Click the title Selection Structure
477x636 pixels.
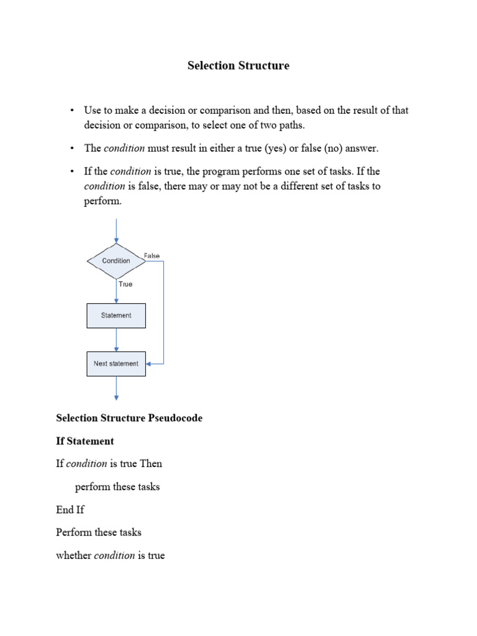[238, 66]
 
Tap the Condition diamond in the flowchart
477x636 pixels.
[116, 261]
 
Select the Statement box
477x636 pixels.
[116, 316]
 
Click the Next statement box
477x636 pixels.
[116, 363]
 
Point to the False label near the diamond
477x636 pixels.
[152, 255]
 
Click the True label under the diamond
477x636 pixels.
[125, 284]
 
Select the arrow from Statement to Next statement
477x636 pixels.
[116, 340]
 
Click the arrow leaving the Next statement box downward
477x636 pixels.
[116, 388]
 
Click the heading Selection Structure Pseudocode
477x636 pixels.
[129, 418]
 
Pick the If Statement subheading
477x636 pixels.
[85, 441]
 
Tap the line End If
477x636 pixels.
[70, 510]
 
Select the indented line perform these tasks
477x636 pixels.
[117, 487]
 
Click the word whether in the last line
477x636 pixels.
[73, 556]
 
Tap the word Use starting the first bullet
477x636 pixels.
[93, 111]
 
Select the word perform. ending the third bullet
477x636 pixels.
[104, 202]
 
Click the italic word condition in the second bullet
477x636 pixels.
[124, 148]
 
